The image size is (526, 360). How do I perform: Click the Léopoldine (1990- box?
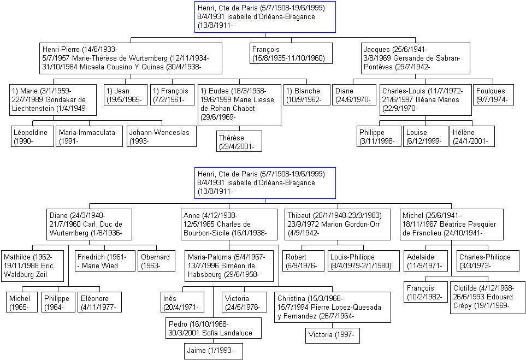click(x=33, y=136)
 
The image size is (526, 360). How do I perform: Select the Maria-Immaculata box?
click(x=89, y=136)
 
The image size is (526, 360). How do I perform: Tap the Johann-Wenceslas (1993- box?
click(x=161, y=136)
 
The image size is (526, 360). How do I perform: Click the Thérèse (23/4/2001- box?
click(x=239, y=141)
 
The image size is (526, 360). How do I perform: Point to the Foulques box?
click(x=493, y=95)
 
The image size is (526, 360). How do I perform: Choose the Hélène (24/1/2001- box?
click(x=472, y=136)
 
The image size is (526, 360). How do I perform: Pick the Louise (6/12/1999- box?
click(x=425, y=136)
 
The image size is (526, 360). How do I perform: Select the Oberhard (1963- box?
click(x=157, y=261)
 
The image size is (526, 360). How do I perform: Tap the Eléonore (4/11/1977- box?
click(x=100, y=302)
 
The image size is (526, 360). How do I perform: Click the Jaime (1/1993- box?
click(x=214, y=351)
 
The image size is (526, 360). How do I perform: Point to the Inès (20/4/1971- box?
click(x=182, y=302)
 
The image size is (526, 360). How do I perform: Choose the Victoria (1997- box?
click(x=333, y=335)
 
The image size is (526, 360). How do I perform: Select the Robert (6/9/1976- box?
click(x=304, y=261)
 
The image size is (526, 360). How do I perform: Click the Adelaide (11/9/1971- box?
click(x=425, y=261)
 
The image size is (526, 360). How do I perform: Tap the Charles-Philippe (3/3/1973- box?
click(x=488, y=261)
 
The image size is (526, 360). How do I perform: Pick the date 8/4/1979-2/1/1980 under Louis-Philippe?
click(x=361, y=265)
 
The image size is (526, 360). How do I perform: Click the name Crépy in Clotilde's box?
click(x=463, y=306)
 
